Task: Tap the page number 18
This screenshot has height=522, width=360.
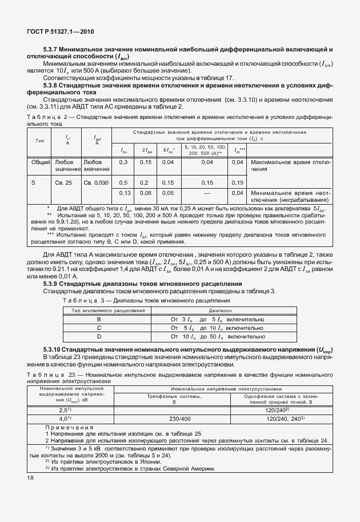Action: pyautogui.click(x=30, y=477)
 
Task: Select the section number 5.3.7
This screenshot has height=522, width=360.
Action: pyautogui.click(x=50, y=50)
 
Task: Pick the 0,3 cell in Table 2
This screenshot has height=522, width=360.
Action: pyautogui.click(x=122, y=163)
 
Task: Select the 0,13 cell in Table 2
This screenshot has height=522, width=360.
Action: pyautogui.click(x=122, y=193)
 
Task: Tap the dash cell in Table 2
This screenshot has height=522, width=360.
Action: pyautogui.click(x=204, y=193)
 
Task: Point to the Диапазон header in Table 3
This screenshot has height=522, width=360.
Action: pyautogui.click(x=231, y=310)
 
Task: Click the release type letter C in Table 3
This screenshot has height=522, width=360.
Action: pyautogui.click(x=99, y=328)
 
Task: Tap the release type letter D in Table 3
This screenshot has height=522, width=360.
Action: pyautogui.click(x=99, y=337)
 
